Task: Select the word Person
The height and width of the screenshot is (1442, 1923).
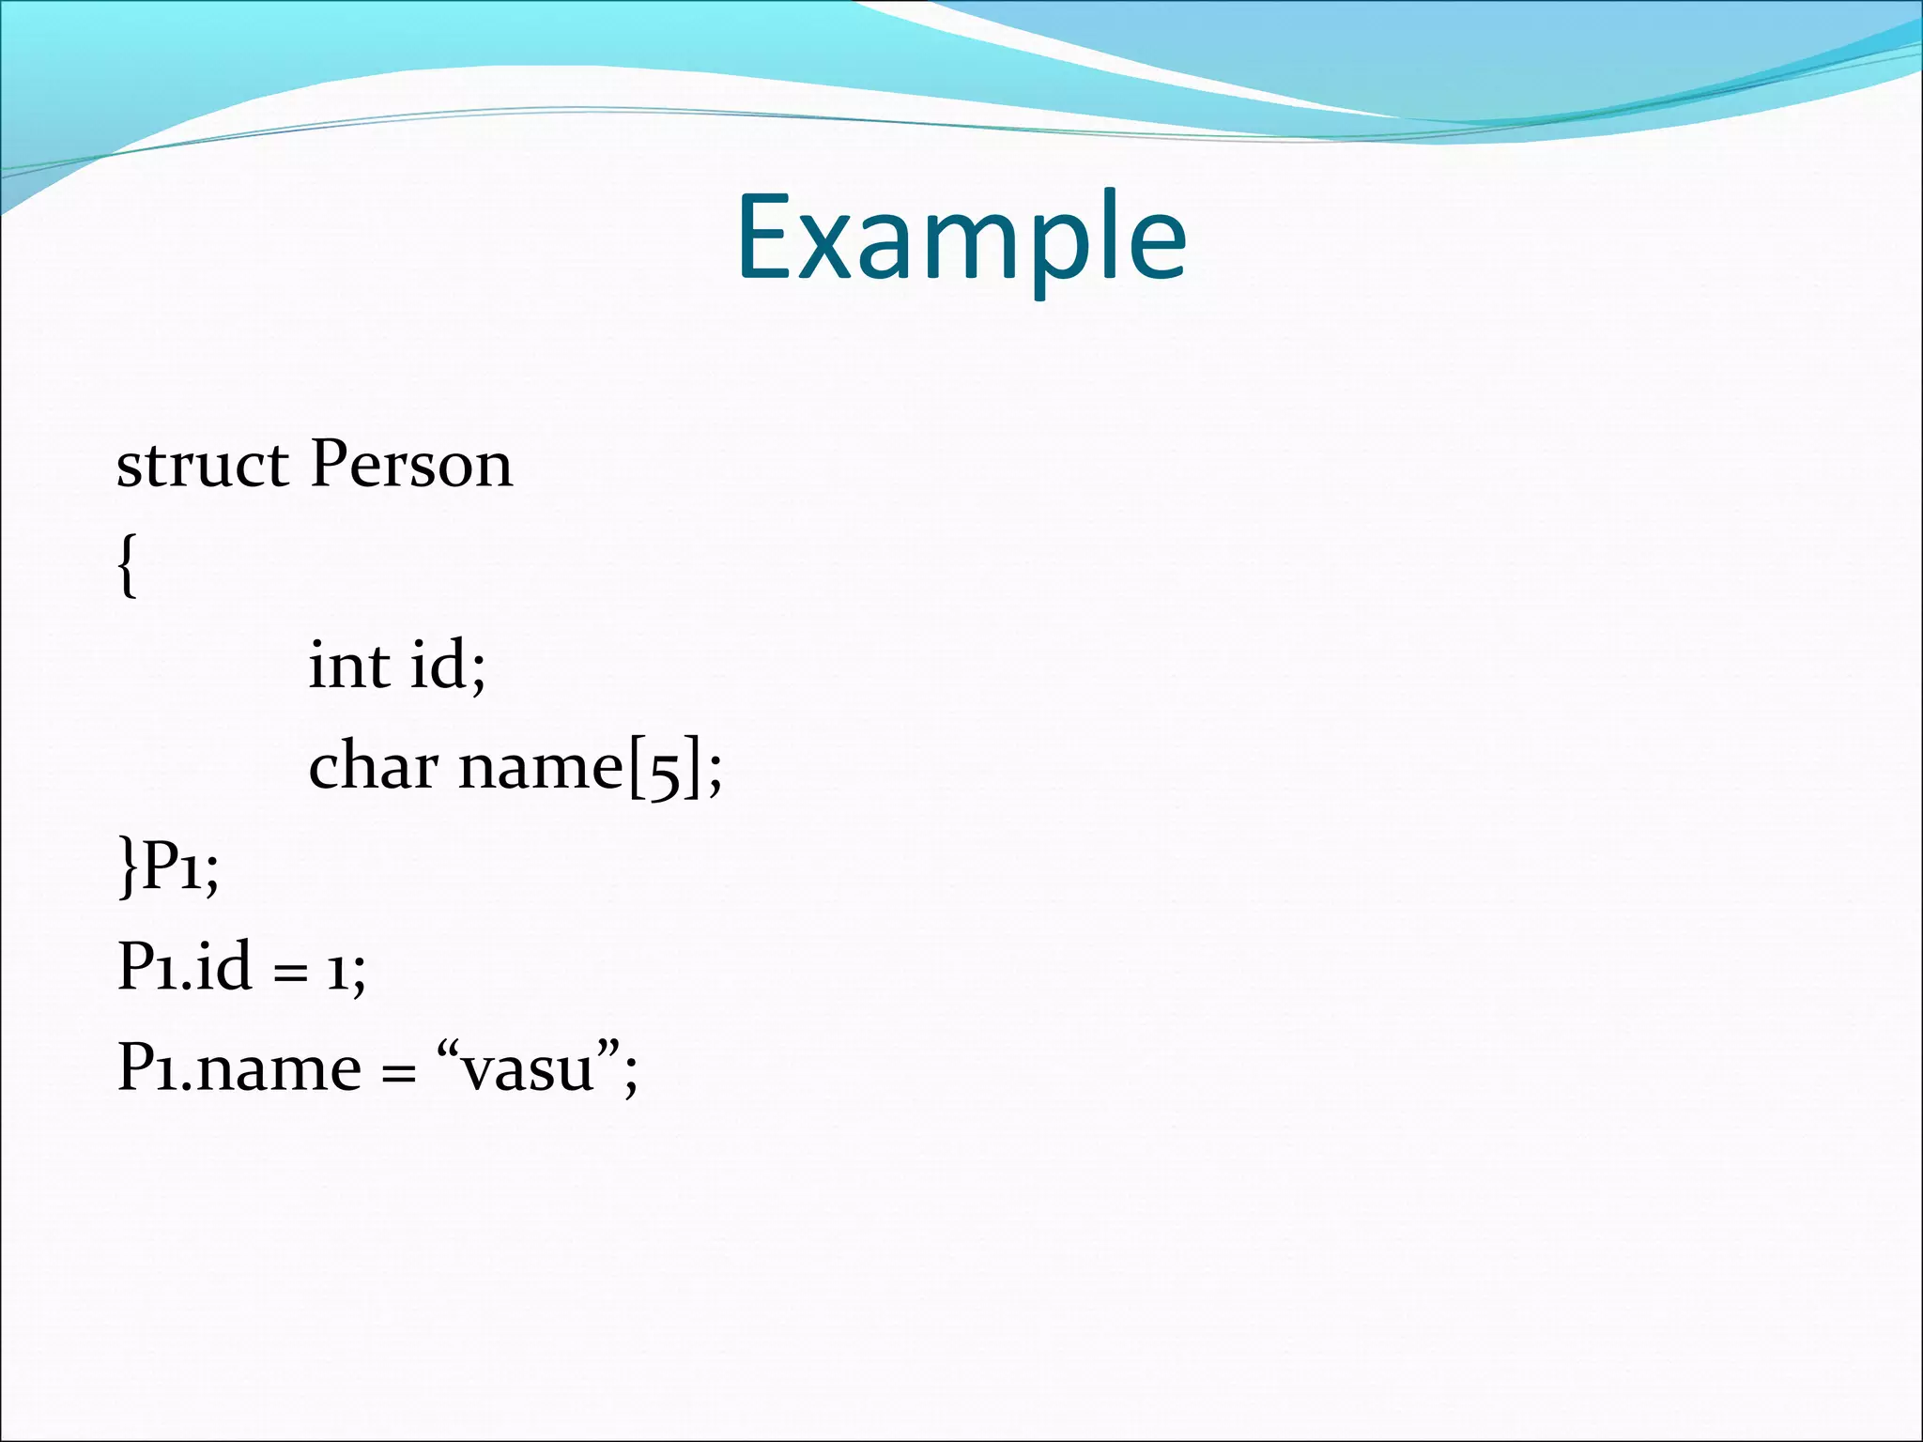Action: click(x=411, y=465)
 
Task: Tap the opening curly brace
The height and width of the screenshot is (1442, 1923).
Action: click(x=129, y=564)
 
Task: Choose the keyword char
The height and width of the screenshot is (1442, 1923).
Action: click(x=373, y=767)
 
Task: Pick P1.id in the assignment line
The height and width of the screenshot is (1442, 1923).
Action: click(x=184, y=967)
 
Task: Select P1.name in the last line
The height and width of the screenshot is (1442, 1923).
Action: click(x=238, y=1068)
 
